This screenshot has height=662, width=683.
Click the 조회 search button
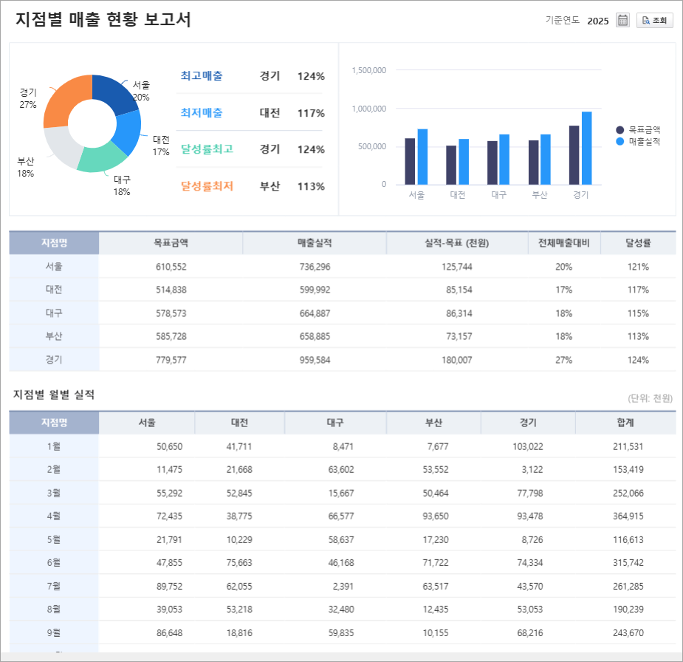[655, 21]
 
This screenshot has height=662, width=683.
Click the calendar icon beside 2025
[622, 21]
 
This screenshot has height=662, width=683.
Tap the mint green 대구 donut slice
[101, 157]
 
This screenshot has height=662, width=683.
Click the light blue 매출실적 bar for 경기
[586, 148]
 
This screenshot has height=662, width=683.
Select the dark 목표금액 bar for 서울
[410, 161]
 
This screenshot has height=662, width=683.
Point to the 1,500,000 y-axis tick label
[369, 70]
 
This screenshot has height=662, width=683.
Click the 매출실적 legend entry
[644, 141]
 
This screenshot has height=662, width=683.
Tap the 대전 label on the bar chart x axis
[458, 196]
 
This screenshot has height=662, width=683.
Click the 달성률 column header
[638, 243]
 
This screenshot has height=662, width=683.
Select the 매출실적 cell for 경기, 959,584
[315, 360]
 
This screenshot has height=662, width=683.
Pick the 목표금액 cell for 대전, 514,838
[171, 290]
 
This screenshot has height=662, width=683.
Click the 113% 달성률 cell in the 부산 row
[638, 336]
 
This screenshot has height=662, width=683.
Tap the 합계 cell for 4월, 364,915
[628, 516]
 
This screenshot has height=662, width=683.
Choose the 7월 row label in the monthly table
[54, 586]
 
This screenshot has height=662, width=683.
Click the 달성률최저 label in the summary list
[207, 186]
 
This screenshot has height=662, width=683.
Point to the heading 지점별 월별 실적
[54, 395]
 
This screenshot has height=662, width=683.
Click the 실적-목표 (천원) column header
[457, 243]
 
